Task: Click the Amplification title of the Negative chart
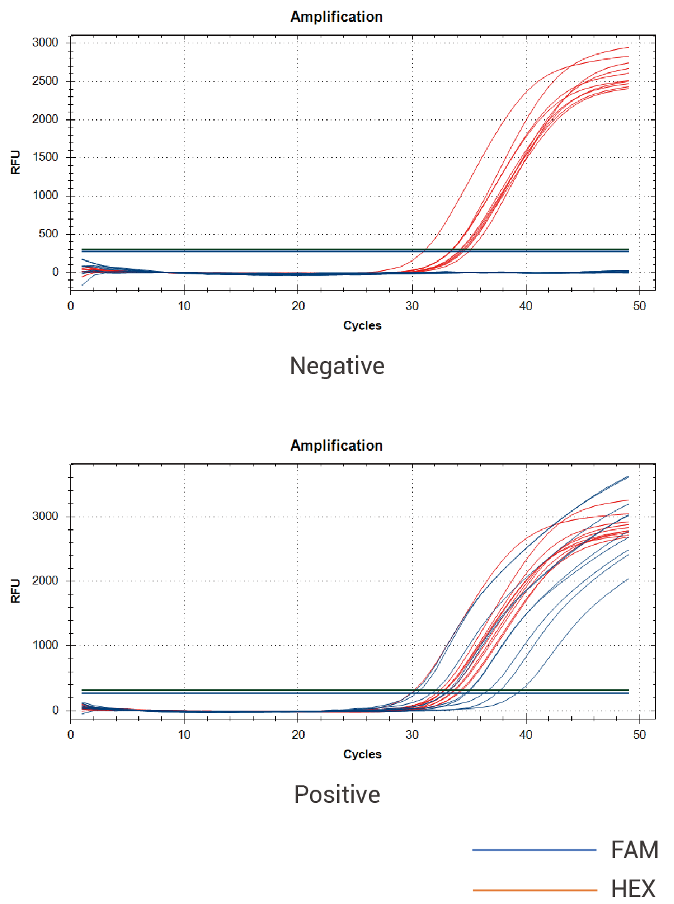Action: tap(336, 17)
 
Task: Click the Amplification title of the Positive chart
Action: tap(336, 446)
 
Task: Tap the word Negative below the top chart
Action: tap(337, 366)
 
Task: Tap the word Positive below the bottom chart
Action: tap(337, 795)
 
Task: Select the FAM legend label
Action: tap(634, 850)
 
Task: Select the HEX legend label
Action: tap(633, 889)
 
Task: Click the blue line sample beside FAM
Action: tap(534, 850)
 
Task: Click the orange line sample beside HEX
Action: tap(534, 890)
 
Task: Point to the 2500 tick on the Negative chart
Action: tap(45, 81)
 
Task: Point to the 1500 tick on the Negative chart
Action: tap(45, 157)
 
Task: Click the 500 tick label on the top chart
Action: tap(48, 234)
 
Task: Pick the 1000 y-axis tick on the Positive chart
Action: tap(45, 645)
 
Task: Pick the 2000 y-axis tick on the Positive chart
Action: tap(45, 581)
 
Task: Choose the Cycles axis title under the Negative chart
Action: tap(362, 325)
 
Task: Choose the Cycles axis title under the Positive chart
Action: tap(362, 754)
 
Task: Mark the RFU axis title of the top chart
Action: tap(16, 162)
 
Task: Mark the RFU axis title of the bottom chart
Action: tap(16, 591)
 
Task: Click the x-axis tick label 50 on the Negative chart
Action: tap(639, 306)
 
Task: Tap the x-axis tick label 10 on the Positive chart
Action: tap(184, 735)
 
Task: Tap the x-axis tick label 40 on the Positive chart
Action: tap(525, 735)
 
